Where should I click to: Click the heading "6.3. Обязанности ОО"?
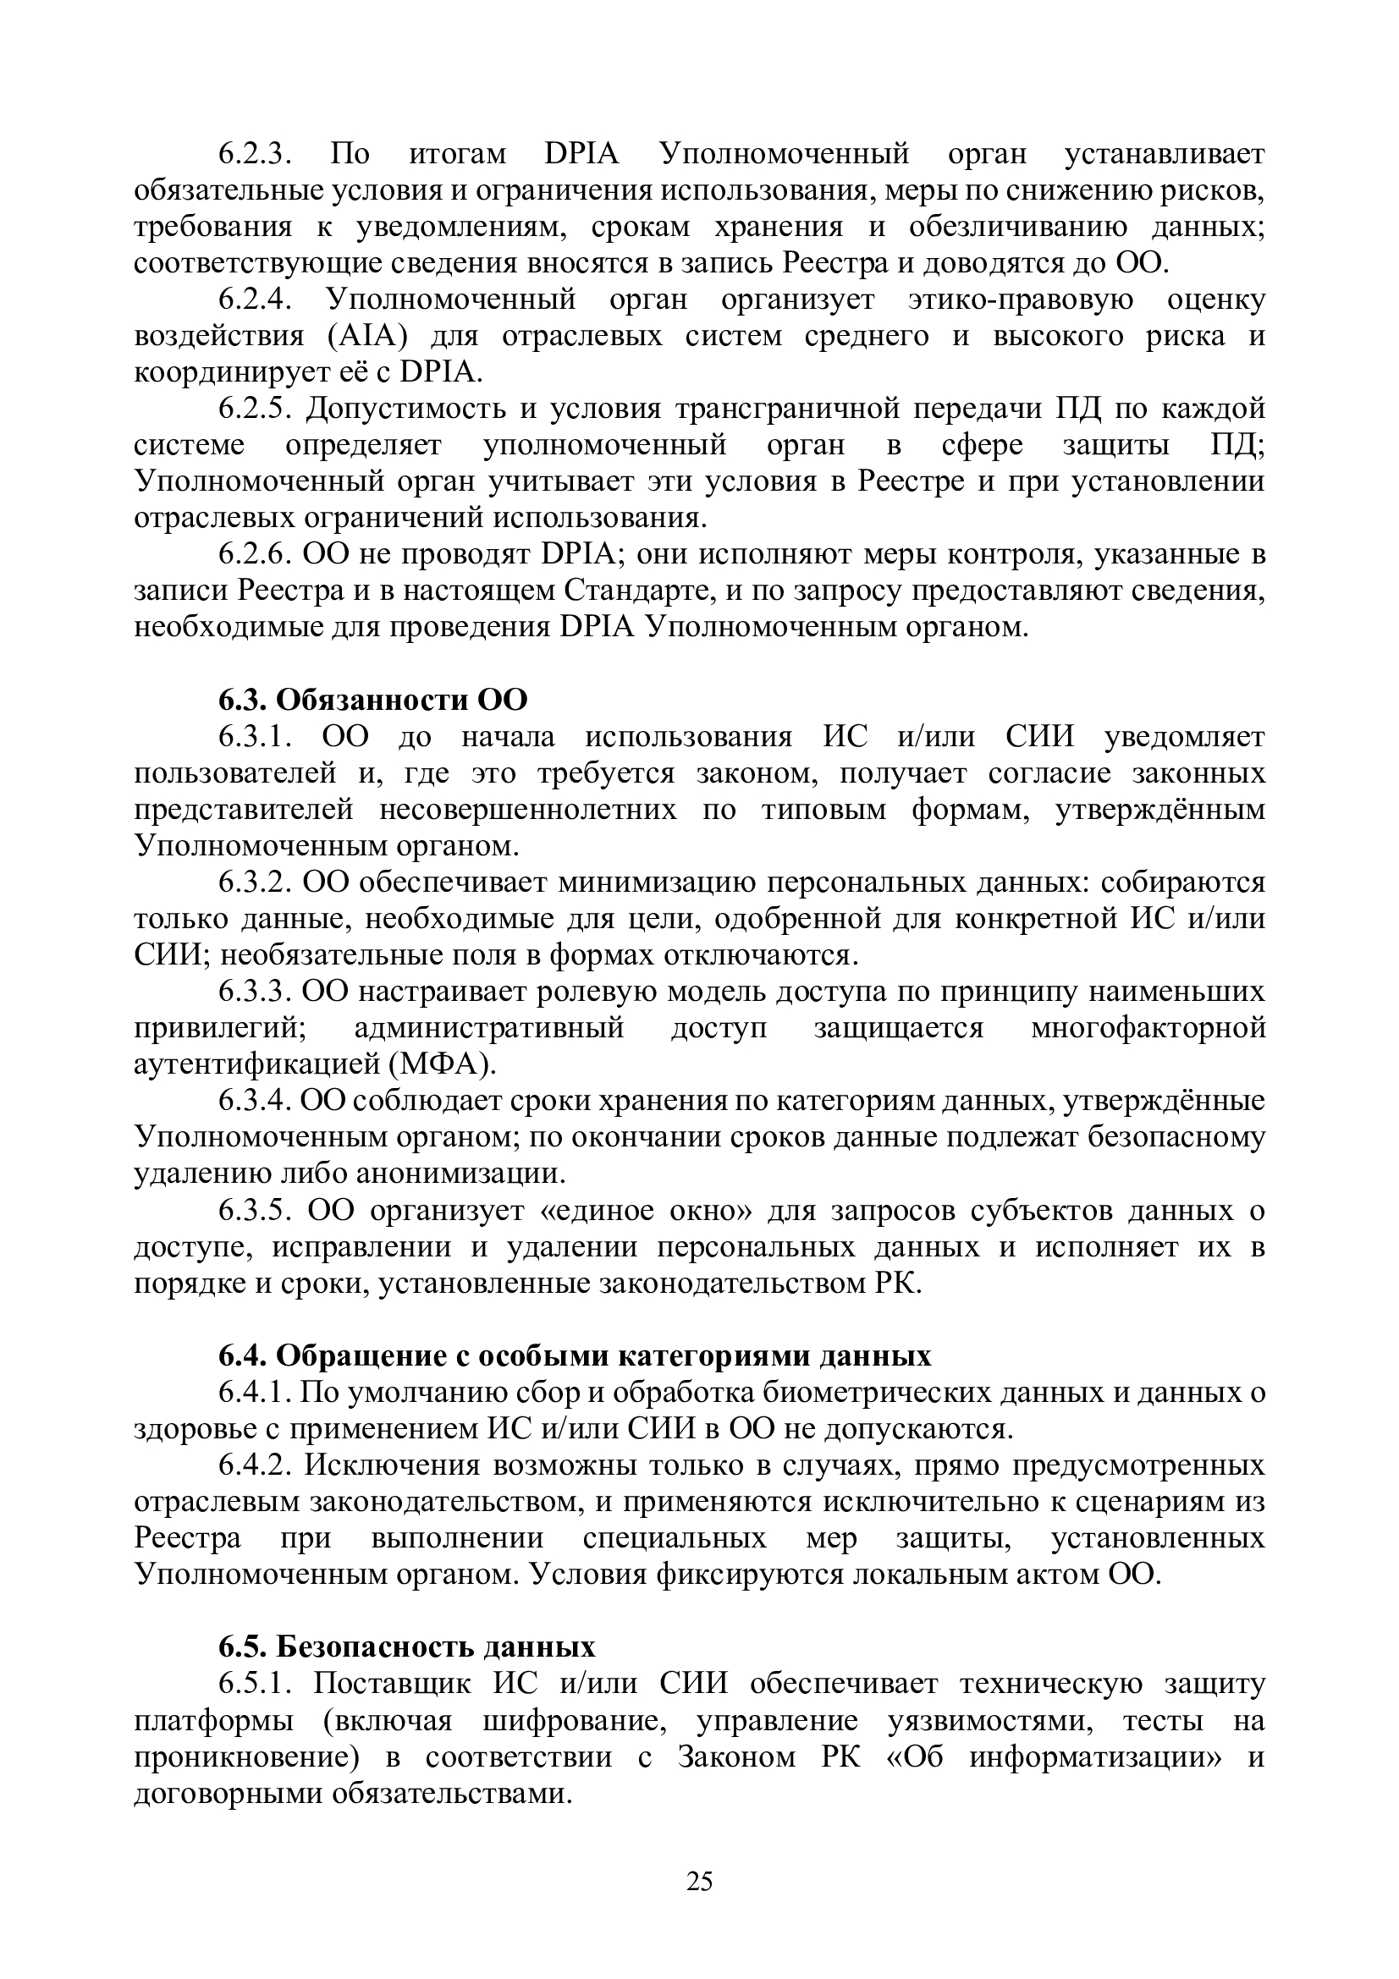point(372,699)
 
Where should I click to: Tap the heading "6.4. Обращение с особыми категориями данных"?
point(575,1355)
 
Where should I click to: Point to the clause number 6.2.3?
point(256,154)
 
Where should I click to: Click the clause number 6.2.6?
point(256,554)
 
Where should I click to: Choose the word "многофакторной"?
point(1148,1029)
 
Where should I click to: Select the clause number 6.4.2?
point(256,1465)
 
